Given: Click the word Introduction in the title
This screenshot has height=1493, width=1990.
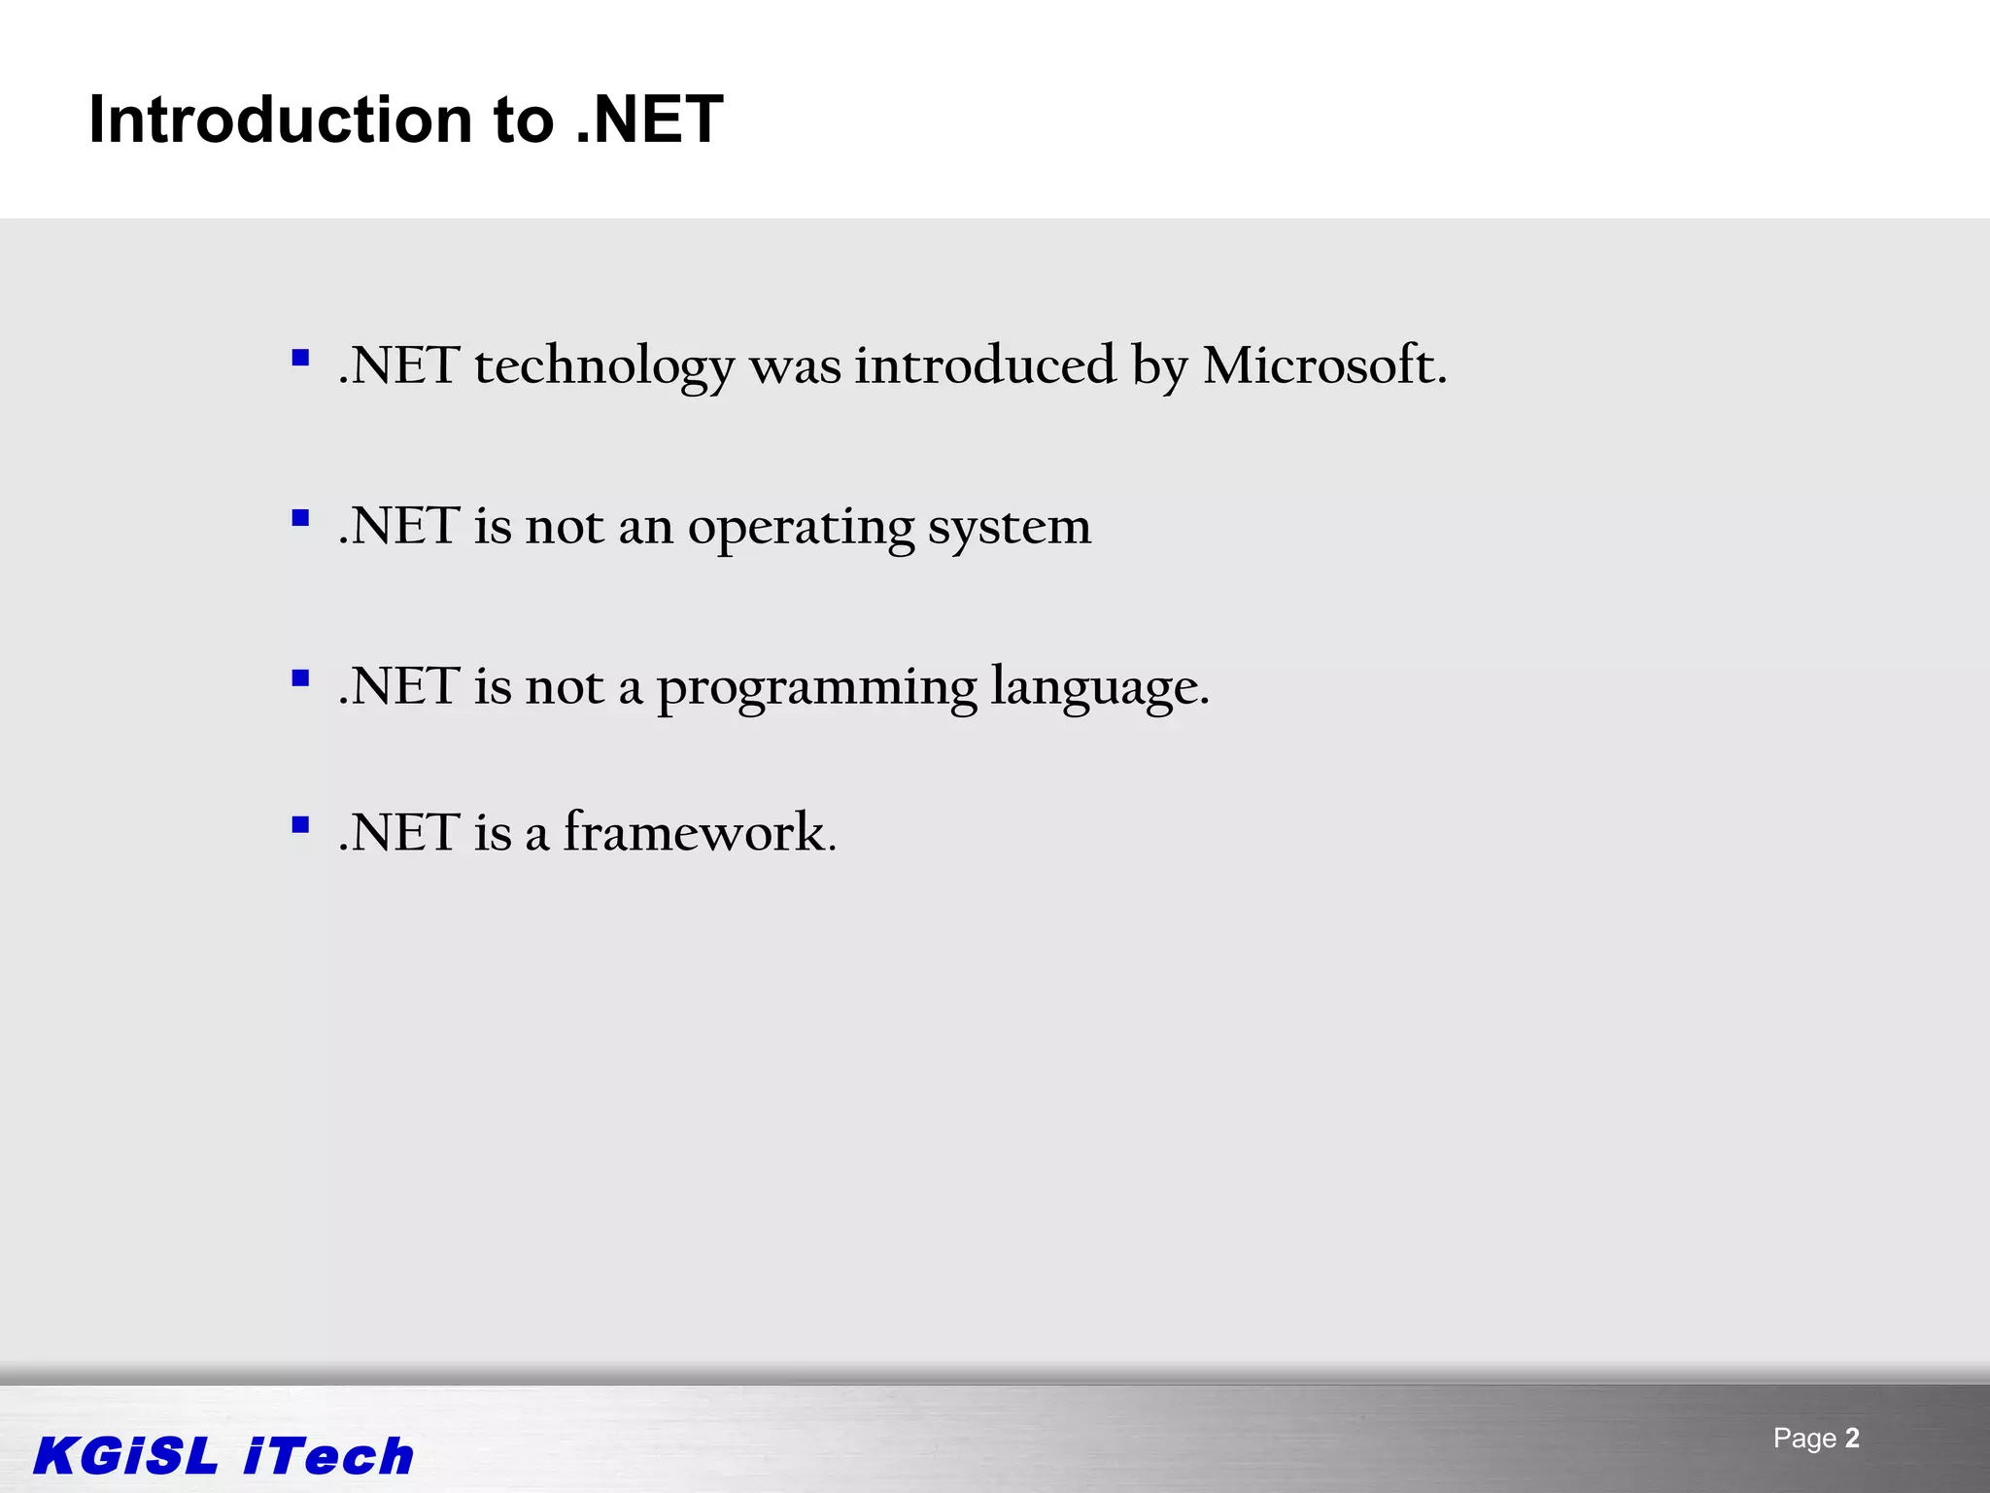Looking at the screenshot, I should coord(281,120).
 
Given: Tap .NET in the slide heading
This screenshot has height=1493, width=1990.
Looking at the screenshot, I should coord(649,120).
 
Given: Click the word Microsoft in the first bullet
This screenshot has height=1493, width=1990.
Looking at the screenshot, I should coord(1324,366).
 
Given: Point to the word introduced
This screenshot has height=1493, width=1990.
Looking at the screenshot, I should coord(985,365).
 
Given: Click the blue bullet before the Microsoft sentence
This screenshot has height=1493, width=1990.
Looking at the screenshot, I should coord(300,358).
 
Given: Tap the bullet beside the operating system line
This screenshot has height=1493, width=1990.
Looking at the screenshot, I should coord(300,518).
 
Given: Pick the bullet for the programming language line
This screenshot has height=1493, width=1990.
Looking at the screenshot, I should coord(300,678).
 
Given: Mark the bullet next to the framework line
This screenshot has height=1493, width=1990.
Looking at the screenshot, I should coord(300,825).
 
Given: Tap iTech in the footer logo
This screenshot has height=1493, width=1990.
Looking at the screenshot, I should coord(328,1456).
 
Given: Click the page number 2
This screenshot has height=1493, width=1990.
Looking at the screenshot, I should coord(1852,1438).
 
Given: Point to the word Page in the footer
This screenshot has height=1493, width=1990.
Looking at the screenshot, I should coord(1804,1439).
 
